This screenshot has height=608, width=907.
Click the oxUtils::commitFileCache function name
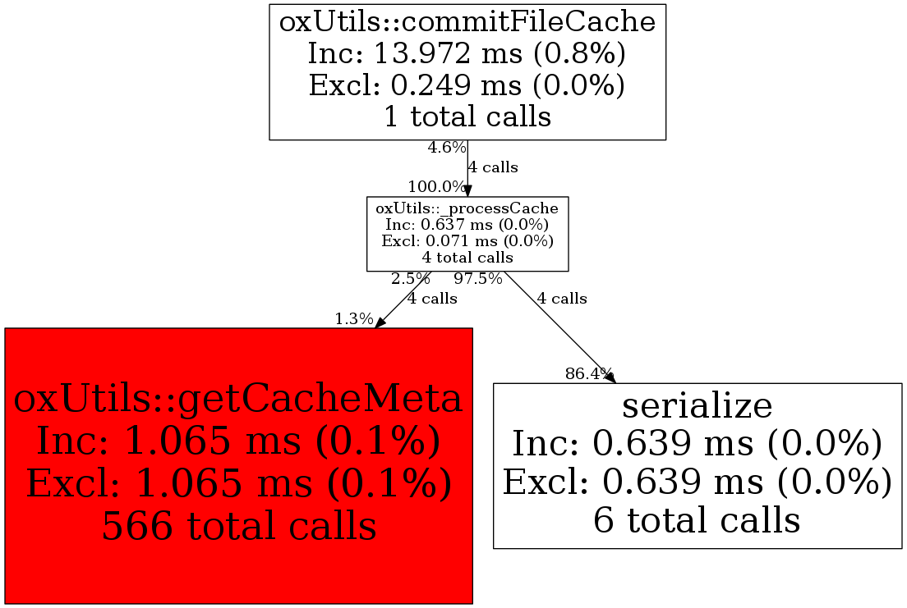467,22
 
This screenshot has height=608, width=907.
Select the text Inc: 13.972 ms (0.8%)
467,54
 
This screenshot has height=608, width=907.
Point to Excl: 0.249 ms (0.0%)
467,85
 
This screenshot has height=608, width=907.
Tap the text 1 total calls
467,117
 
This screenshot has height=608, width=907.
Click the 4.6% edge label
447,148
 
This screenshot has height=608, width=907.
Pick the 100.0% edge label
437,187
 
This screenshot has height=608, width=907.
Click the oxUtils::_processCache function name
467,208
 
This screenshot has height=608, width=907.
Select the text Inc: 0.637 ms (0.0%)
467,224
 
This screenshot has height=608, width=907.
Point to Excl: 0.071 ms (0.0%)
467,240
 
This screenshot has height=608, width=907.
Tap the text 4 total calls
467,257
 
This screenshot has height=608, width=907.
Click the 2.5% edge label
411,279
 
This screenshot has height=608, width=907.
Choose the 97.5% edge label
478,279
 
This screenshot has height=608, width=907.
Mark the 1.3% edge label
354,318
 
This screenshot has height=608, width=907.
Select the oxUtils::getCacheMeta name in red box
238,399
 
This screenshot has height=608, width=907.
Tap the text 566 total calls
239,526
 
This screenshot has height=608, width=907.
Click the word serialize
698,405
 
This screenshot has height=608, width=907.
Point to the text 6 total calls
698,519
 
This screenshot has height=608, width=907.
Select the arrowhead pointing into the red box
380,322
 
